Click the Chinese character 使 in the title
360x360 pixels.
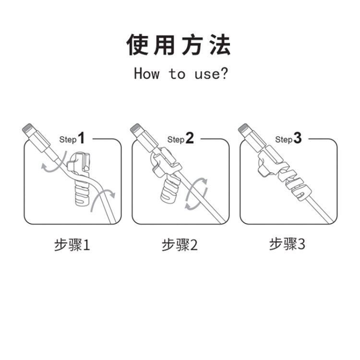[x=138, y=45]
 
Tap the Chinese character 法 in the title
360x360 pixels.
[x=220, y=45]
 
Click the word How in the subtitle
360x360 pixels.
[x=147, y=74]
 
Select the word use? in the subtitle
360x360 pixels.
[x=211, y=74]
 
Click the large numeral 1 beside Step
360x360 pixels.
[x=81, y=138]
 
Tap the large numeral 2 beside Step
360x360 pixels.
[x=190, y=138]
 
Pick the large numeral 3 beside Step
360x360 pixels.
[x=297, y=138]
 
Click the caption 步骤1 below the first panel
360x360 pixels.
[x=72, y=245]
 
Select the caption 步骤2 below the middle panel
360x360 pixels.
[x=180, y=245]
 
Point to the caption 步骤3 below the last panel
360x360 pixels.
[x=287, y=244]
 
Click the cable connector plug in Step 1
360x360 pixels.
[x=36, y=138]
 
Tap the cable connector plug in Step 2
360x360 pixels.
[x=144, y=138]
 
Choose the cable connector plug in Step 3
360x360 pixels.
[x=252, y=138]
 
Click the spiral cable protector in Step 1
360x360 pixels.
[x=80, y=178]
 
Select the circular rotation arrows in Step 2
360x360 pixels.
[x=196, y=193]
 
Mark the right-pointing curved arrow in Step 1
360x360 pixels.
[x=101, y=197]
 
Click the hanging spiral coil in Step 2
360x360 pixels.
[x=170, y=190]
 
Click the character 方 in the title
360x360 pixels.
[x=192, y=45]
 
